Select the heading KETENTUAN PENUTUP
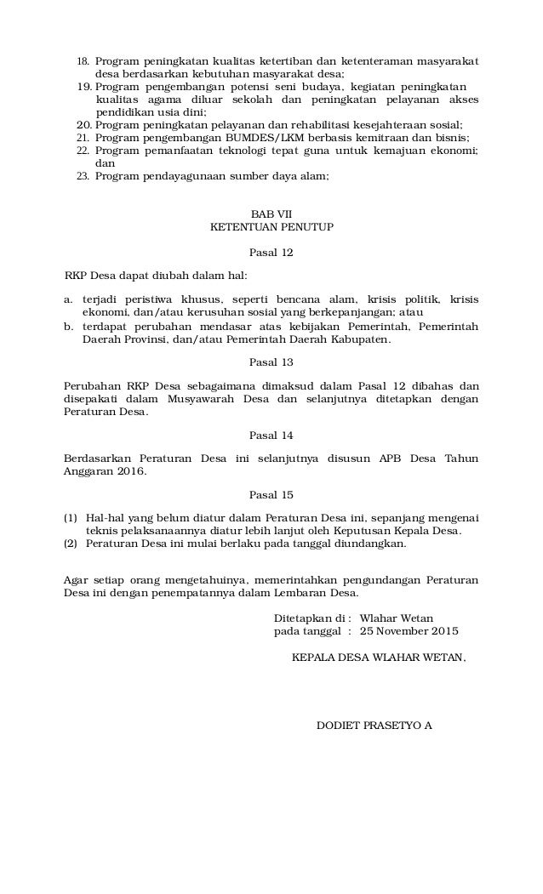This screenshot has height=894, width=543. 271,227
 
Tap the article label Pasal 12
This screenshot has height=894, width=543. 271,253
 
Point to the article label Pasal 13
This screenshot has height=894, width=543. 271,362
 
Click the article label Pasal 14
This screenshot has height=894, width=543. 271,436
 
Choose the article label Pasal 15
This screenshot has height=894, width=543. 271,494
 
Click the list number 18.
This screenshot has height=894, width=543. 83,62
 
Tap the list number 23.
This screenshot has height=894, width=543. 83,176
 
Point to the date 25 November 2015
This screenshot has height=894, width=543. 409,631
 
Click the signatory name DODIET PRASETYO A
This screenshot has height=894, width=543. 374,726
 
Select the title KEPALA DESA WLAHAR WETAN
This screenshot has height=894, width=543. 379,657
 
